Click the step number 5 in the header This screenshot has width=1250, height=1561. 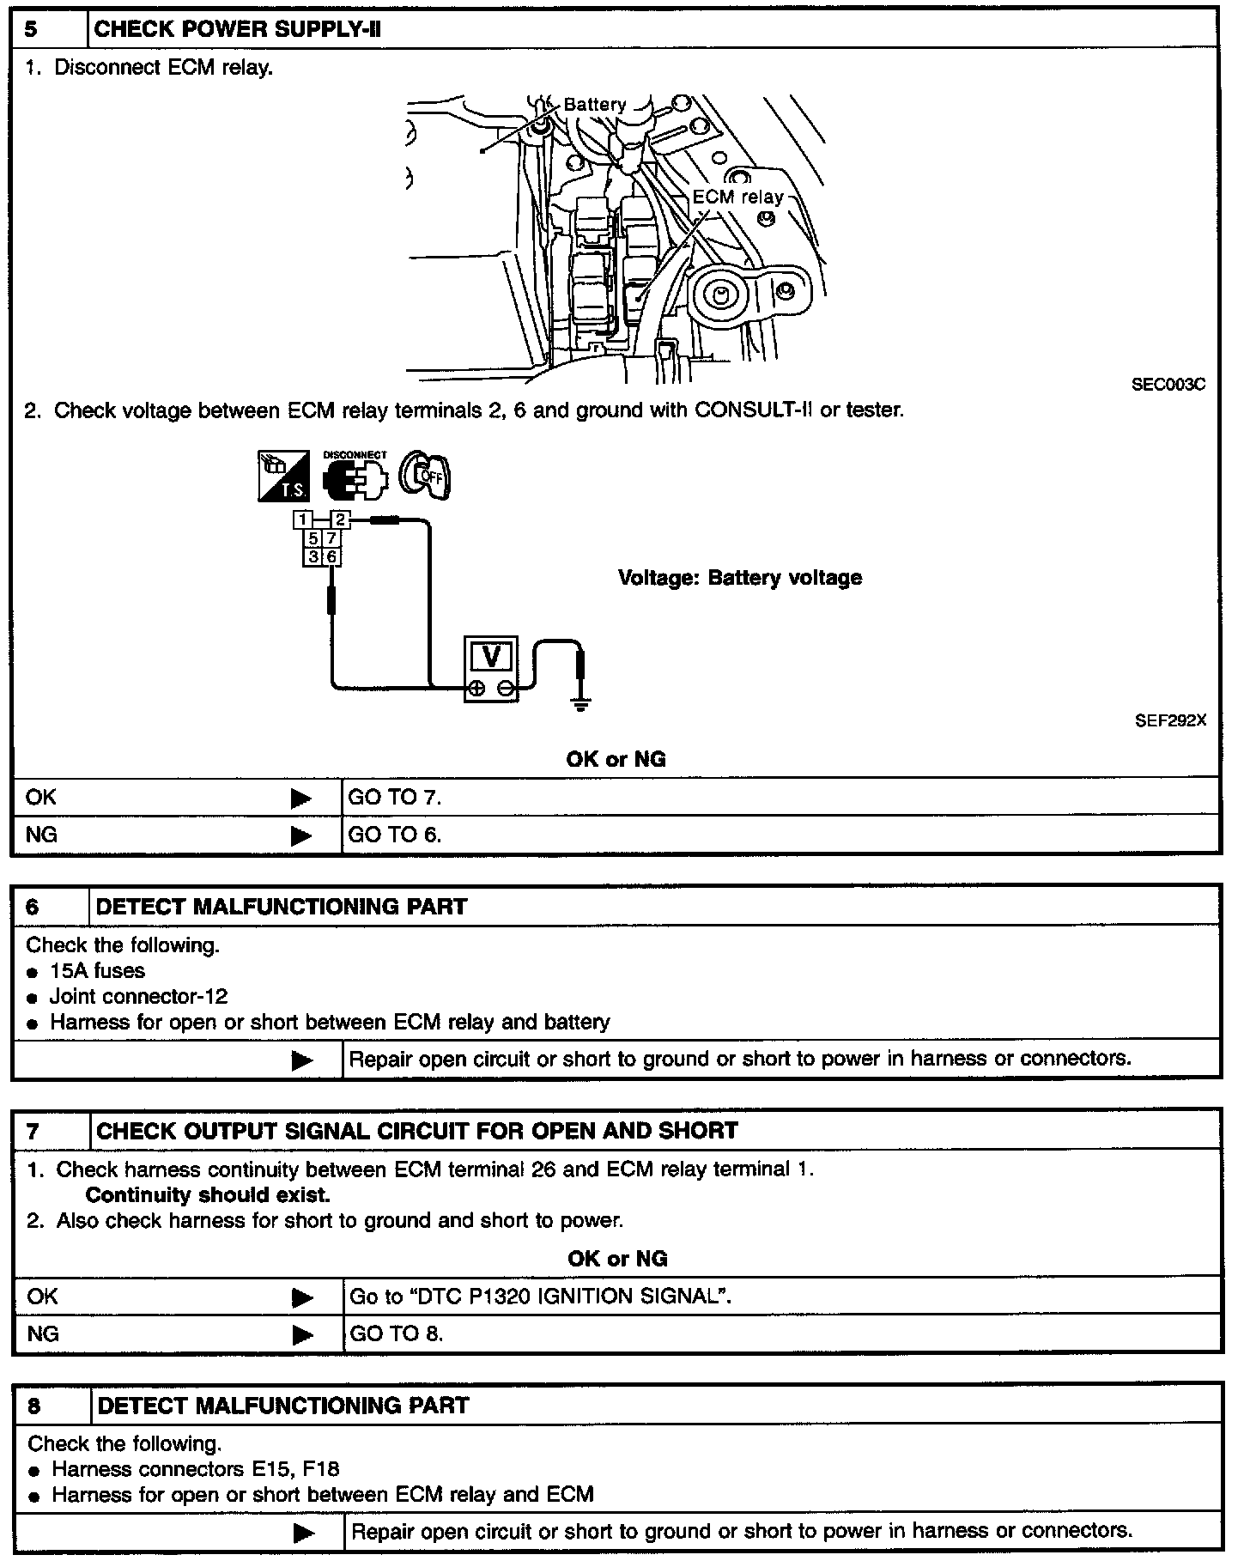tap(31, 30)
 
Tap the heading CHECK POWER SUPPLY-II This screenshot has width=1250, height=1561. tap(237, 30)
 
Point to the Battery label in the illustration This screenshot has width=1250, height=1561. tap(594, 105)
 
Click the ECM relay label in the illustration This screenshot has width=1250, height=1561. tap(737, 197)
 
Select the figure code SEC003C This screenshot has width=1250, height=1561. tap(1168, 385)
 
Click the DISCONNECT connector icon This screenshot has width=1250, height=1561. tap(355, 475)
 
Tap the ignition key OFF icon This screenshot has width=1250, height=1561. tap(427, 476)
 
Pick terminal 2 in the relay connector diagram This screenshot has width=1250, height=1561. tap(340, 519)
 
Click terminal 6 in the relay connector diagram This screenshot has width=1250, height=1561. tap(331, 556)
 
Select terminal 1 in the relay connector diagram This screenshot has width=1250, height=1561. tap(302, 519)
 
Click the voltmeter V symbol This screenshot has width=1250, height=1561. tap(491, 657)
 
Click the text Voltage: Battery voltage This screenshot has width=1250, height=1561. tap(739, 578)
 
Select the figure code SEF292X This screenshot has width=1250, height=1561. tap(1169, 721)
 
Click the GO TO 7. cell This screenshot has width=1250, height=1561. tap(394, 798)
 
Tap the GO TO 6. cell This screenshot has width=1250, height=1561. tap(394, 835)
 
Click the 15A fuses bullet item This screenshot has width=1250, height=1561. tap(97, 971)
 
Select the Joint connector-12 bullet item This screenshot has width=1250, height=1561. tap(138, 997)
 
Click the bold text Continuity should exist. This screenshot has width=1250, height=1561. tap(208, 1195)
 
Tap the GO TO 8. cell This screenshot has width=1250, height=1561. tap(396, 1333)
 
